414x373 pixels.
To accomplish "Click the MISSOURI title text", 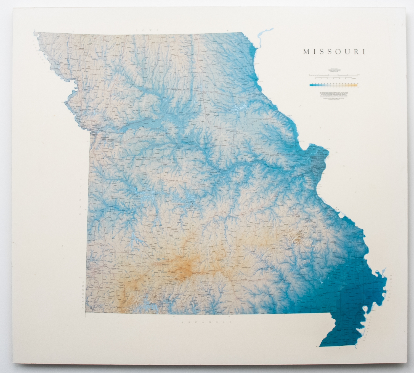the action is [x=334, y=52].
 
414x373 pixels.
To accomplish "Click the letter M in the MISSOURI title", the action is [x=306, y=52].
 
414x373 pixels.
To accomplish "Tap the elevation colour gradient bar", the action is [x=334, y=85].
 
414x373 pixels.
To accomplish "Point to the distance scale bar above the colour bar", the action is [x=334, y=74].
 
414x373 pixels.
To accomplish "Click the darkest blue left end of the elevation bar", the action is [x=311, y=85].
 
